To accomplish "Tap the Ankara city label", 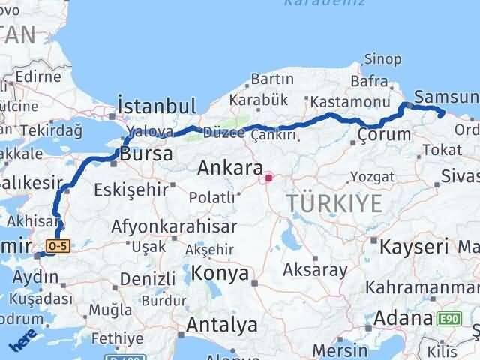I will click(x=229, y=169).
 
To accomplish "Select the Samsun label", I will click(x=445, y=97).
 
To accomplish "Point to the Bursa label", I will click(x=146, y=154).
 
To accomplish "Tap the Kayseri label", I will click(x=414, y=246).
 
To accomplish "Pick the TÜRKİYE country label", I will click(x=334, y=202).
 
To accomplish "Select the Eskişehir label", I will click(x=131, y=189).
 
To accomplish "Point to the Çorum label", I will click(x=384, y=135).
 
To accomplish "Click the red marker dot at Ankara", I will click(x=268, y=178).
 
